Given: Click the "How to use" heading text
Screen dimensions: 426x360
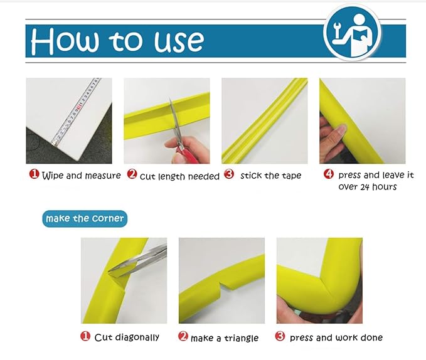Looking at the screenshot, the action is click(117, 41).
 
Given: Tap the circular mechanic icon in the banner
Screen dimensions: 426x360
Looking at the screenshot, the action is click(353, 33).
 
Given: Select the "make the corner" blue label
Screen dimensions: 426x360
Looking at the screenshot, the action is click(85, 218).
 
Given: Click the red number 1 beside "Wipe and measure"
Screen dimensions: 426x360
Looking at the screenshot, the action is click(35, 174).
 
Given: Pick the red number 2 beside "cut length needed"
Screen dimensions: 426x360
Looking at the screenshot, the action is click(132, 174).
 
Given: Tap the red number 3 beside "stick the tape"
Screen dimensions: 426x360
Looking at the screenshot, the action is click(229, 174).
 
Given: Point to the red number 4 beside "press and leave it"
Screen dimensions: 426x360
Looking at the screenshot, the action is click(329, 174).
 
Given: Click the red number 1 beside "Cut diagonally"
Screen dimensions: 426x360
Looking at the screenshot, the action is click(85, 336).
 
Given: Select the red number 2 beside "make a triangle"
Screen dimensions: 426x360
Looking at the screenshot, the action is click(183, 336).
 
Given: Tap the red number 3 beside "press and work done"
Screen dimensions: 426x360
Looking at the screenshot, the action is click(280, 336).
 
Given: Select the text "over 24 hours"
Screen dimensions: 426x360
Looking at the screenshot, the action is click(367, 187).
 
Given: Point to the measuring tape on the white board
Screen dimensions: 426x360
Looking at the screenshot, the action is click(77, 110).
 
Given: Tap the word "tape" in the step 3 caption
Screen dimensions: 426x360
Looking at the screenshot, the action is click(292, 176).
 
